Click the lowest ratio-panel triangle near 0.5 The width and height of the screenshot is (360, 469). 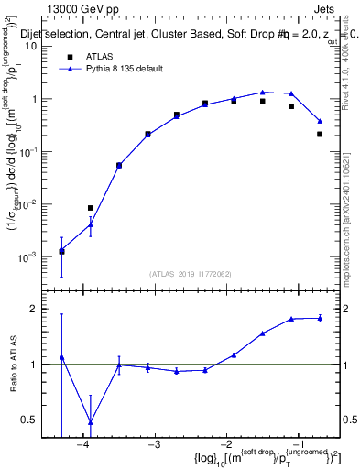coord(90,422)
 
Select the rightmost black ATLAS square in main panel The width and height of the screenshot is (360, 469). coord(320,134)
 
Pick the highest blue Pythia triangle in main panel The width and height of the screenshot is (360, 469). coord(262,92)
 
